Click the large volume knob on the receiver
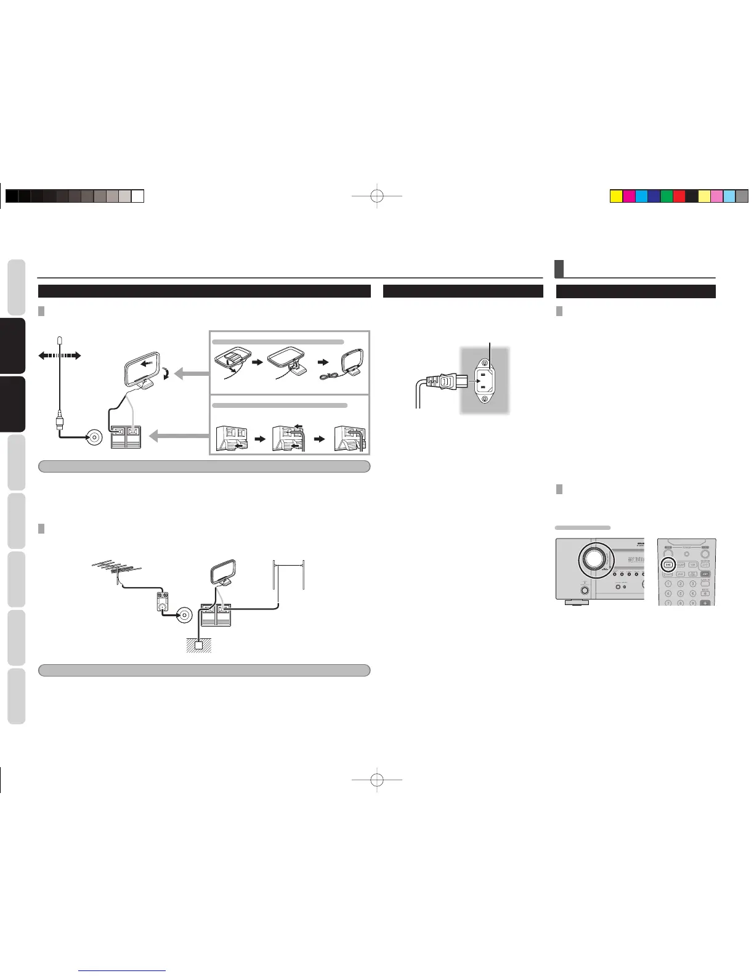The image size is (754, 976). (x=593, y=559)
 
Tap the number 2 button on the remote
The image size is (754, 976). (x=681, y=584)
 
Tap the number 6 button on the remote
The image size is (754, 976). (x=693, y=593)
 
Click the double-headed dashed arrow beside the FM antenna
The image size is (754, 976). (x=59, y=355)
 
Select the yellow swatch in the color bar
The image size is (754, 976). (x=615, y=196)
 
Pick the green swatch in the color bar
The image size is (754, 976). (x=666, y=196)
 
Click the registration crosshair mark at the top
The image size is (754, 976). (x=378, y=196)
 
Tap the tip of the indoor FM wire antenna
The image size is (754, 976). (x=59, y=340)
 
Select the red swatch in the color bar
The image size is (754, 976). (x=679, y=196)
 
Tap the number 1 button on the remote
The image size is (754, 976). (x=668, y=584)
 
